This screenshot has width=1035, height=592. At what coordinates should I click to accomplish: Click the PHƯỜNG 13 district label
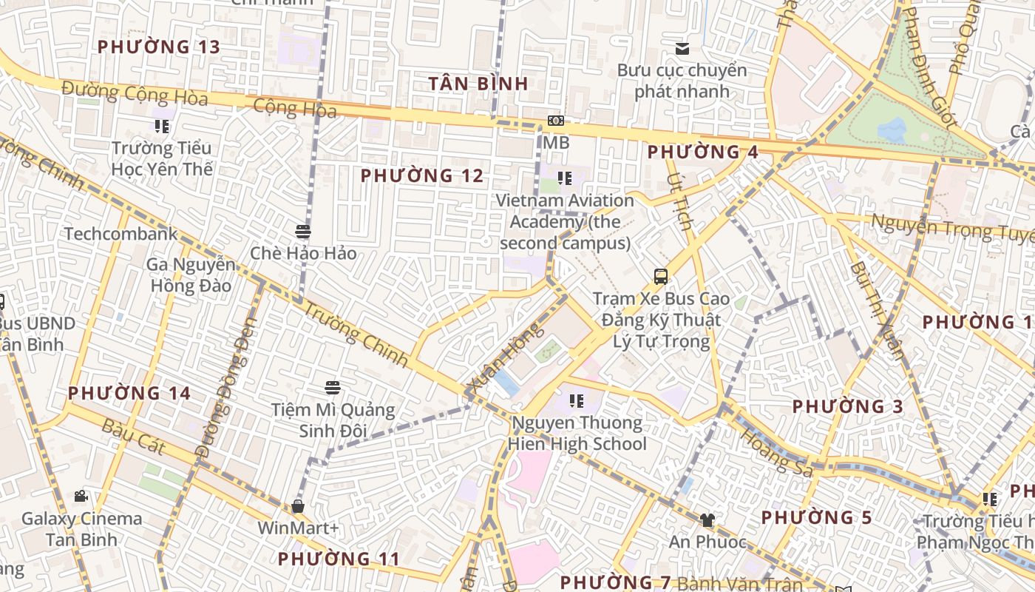point(159,47)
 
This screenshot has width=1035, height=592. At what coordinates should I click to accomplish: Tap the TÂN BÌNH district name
point(479,84)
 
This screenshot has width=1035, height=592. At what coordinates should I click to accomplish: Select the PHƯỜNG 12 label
point(422,176)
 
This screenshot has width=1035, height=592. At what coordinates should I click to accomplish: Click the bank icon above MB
point(555,121)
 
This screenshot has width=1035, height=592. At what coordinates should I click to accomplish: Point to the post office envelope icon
point(682,49)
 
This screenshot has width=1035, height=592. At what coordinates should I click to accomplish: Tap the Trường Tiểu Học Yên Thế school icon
point(162,127)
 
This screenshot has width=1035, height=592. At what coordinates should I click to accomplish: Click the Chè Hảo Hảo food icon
point(302,232)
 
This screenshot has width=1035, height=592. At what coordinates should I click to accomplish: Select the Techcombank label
point(121,235)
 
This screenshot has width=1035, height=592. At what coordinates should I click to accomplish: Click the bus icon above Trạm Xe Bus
point(661,277)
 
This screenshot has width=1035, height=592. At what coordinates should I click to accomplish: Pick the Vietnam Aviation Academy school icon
point(565,178)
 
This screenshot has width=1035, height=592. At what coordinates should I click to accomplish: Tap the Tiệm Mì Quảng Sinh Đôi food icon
point(333,388)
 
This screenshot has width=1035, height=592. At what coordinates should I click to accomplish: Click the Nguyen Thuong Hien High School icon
point(577,401)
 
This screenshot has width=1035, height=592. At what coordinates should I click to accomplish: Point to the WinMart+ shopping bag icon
point(298,506)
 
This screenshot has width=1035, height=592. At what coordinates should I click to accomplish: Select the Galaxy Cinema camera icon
point(81,496)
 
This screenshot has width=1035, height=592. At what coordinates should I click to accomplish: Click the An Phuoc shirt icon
point(707,519)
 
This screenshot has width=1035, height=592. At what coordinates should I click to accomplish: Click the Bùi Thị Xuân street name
point(876,311)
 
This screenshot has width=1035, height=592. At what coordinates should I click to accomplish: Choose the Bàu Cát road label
point(133,436)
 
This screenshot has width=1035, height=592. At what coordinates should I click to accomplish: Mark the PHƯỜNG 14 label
point(129,393)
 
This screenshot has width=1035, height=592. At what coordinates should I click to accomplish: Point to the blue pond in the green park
point(892,130)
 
